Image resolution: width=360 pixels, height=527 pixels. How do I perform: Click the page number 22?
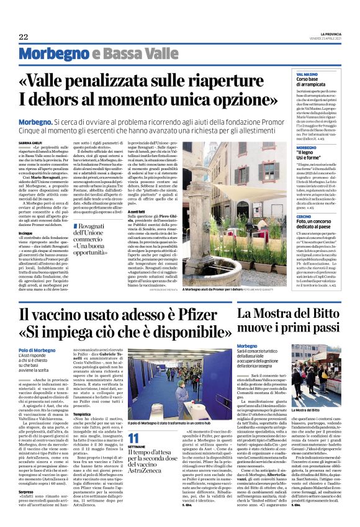tap(24, 37)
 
